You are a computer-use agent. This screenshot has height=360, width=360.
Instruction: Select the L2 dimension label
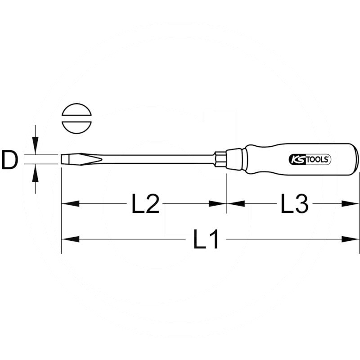coord(145,204)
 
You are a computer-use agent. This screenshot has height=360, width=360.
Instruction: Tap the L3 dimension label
coord(294,204)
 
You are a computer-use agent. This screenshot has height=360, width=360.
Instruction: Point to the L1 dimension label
coord(207,239)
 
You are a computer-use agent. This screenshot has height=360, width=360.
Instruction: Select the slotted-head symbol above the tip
coord(76,119)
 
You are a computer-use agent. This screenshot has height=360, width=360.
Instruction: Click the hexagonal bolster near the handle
coord(220,159)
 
